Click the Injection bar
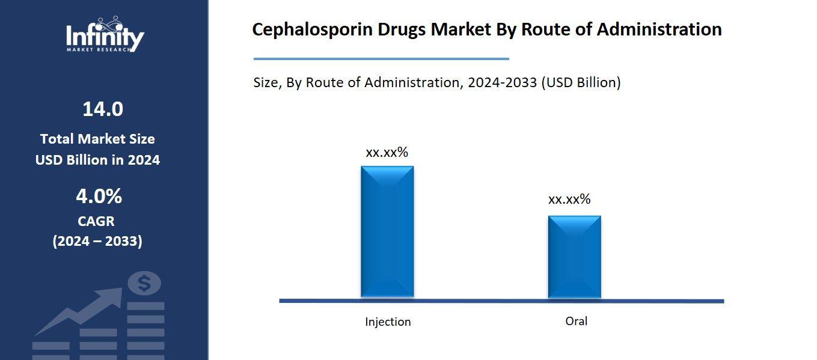click(387, 231)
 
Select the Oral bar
click(574, 257)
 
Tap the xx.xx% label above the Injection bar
click(387, 153)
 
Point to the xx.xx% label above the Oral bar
click(569, 200)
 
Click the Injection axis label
click(388, 322)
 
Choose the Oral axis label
click(576, 321)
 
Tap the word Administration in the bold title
click(659, 29)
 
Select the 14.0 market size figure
click(103, 109)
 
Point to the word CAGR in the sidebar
click(96, 221)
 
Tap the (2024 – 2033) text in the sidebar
click(97, 242)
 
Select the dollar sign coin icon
click(144, 283)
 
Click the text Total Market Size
click(97, 139)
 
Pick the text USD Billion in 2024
click(97, 160)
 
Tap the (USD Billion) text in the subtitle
click(581, 82)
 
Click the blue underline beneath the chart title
click(381, 59)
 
